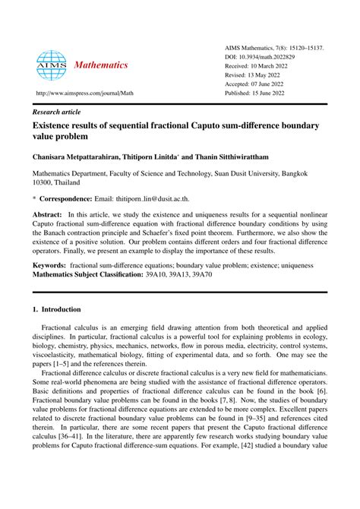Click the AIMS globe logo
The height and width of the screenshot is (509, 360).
point(52,65)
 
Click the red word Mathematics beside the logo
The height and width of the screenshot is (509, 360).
point(101,65)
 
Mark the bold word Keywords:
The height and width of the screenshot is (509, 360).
point(48,267)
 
